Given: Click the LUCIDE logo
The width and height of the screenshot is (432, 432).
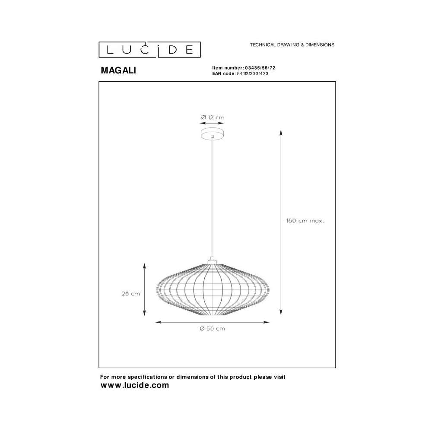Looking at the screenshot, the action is [x=149, y=50].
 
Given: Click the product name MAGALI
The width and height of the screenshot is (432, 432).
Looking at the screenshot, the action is [x=118, y=70].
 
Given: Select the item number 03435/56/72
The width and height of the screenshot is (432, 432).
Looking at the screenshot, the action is [x=260, y=68].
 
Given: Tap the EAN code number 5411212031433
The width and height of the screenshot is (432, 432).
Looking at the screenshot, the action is [x=252, y=73].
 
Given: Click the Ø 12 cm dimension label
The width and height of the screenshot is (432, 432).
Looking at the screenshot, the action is [x=213, y=118].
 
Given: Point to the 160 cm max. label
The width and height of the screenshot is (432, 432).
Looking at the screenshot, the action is [x=305, y=221].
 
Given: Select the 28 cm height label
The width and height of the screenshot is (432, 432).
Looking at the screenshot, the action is [x=131, y=294].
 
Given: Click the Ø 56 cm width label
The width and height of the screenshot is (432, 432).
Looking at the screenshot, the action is [x=213, y=328].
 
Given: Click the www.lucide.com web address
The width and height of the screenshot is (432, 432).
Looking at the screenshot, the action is [x=135, y=385].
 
